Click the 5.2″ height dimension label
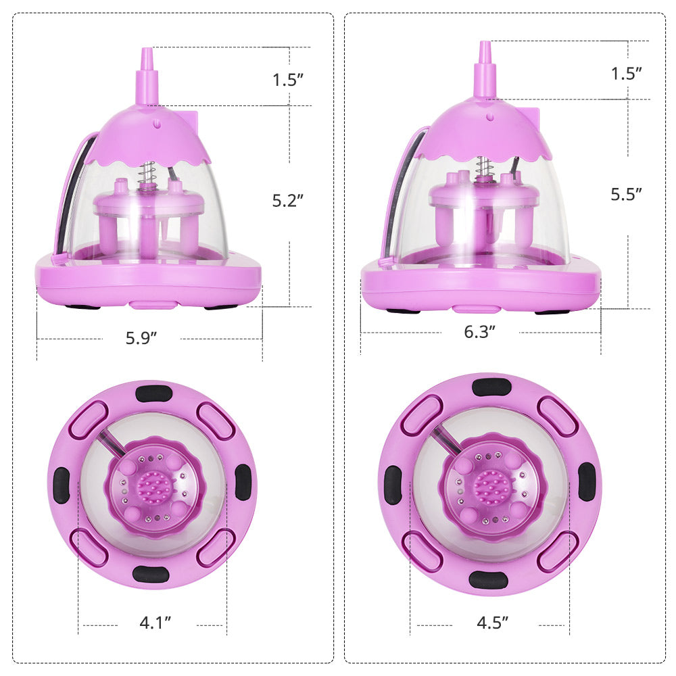pos(288,201)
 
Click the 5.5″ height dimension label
pos(627,195)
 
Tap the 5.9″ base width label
pos(141,338)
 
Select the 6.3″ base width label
pos(480,331)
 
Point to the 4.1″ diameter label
pos(155,623)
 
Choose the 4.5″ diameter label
pos(493,623)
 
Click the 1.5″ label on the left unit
pos(288,79)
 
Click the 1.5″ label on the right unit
pos(627,73)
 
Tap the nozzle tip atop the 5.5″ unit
pos(485,43)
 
